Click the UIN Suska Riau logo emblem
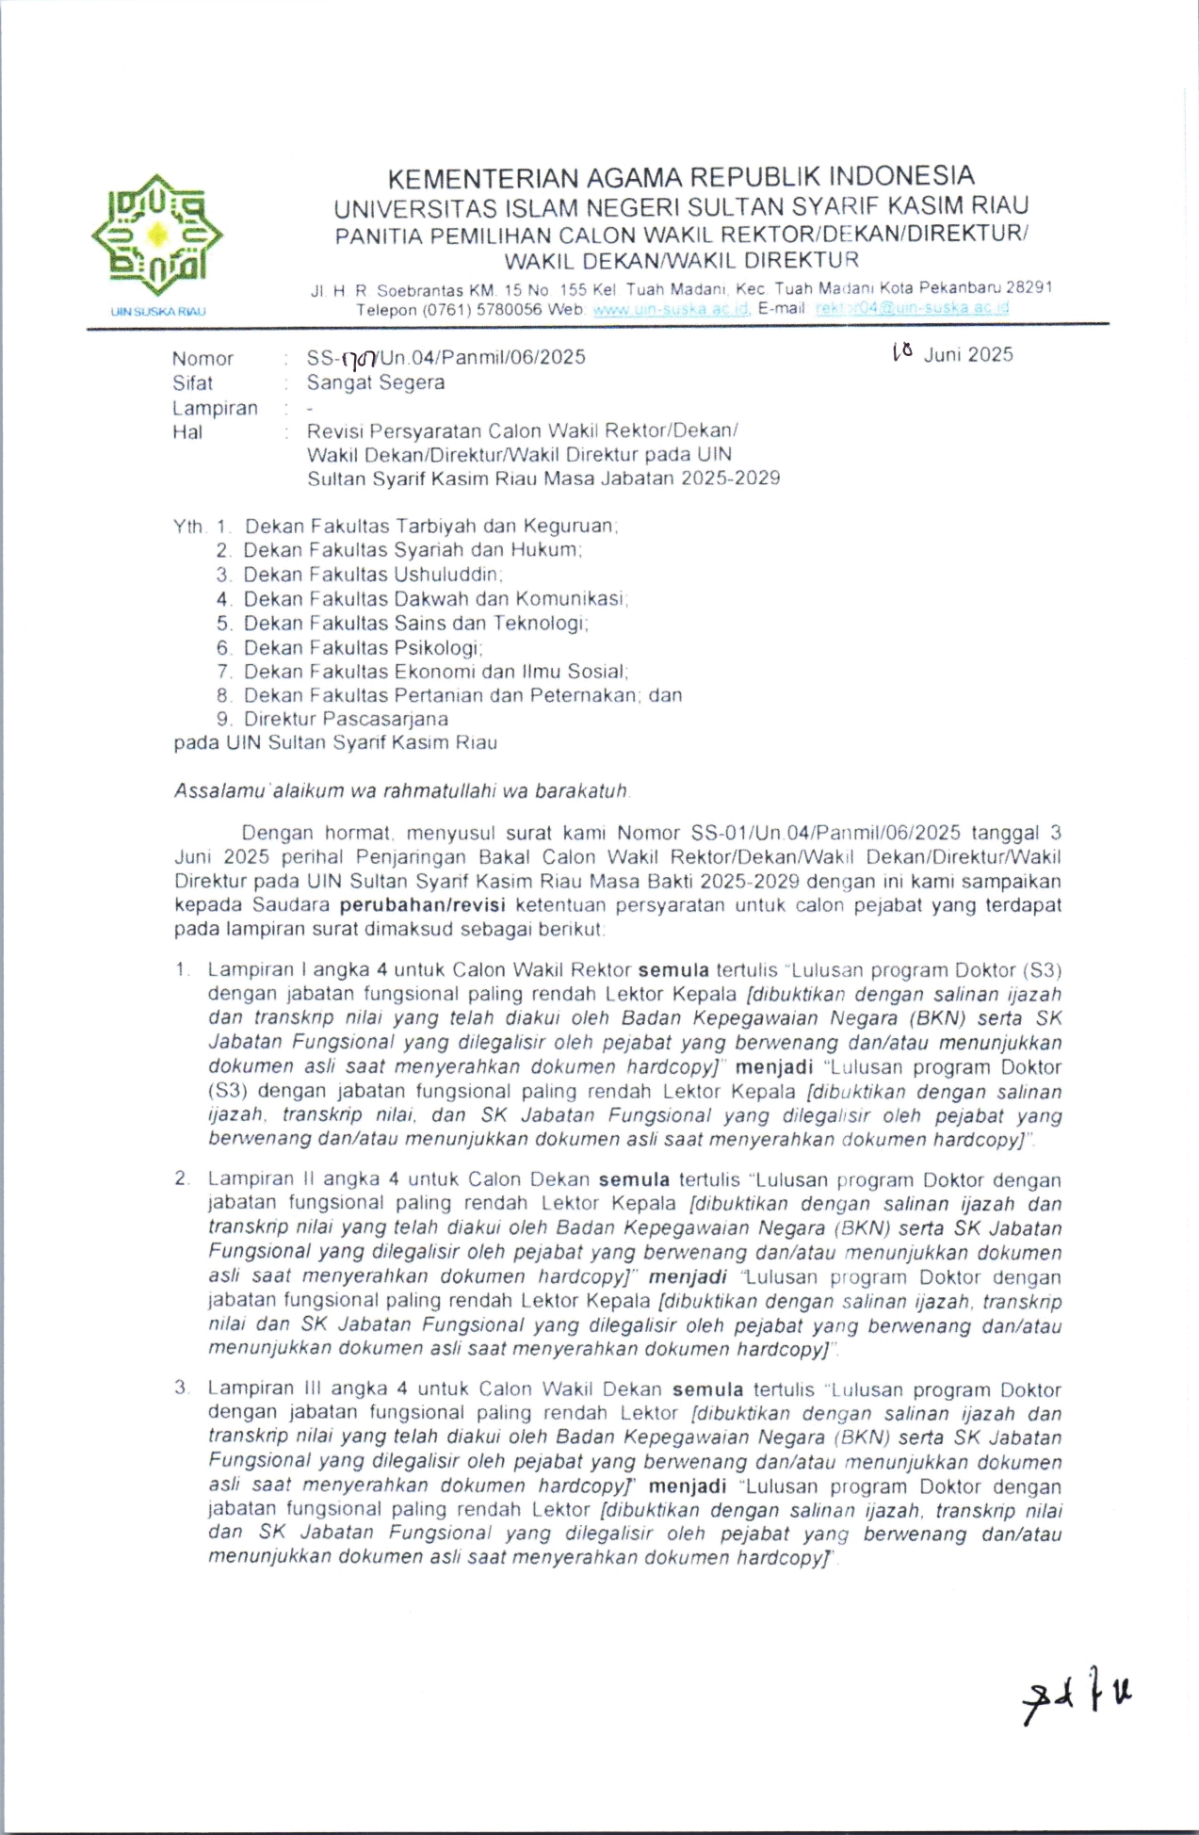pyautogui.click(x=157, y=235)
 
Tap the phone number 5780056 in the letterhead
pyautogui.click(x=503, y=310)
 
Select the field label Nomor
pyautogui.click(x=203, y=359)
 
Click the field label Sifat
pyautogui.click(x=192, y=383)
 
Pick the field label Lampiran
pyautogui.click(x=215, y=409)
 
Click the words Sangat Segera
pyautogui.click(x=375, y=382)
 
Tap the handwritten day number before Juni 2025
pyautogui.click(x=902, y=352)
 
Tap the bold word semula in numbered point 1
pyautogui.click(x=673, y=970)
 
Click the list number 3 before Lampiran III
pyautogui.click(x=181, y=1388)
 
